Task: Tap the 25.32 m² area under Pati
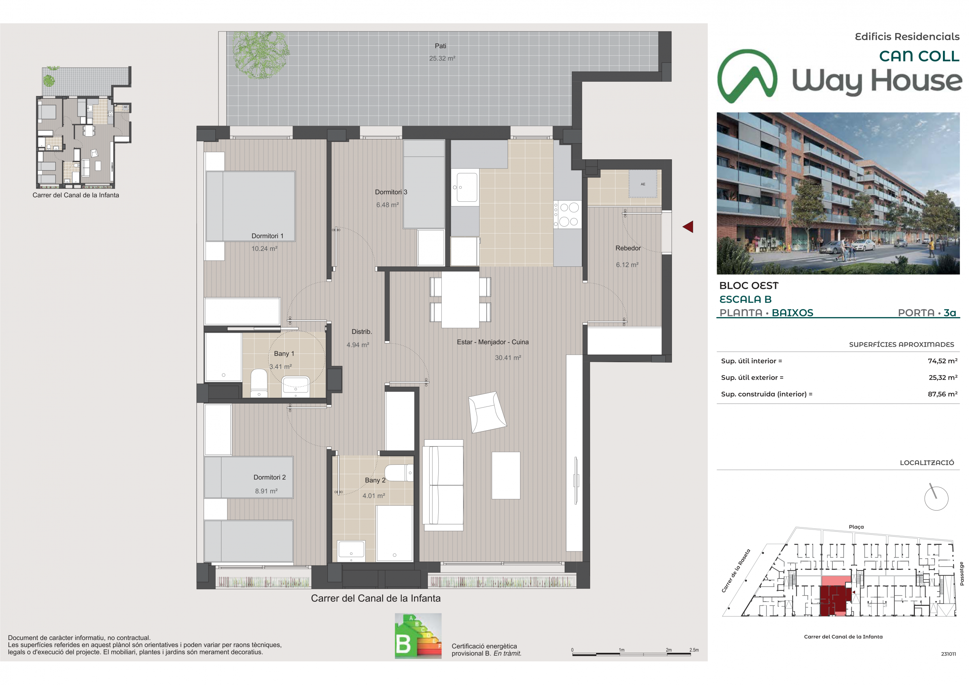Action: click(442, 58)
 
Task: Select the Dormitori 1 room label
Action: click(267, 236)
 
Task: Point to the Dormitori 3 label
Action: click(391, 192)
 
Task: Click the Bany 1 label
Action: click(284, 354)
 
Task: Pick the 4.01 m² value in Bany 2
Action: click(374, 495)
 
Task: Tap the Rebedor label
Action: click(628, 248)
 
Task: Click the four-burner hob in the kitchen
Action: click(568, 215)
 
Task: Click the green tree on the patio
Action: click(260, 55)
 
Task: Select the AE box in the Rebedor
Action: click(642, 184)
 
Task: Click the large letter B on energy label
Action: click(403, 644)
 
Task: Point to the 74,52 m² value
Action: click(943, 361)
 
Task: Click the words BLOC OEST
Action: click(749, 286)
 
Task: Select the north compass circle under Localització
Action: click(936, 498)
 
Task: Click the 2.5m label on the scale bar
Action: click(694, 650)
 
